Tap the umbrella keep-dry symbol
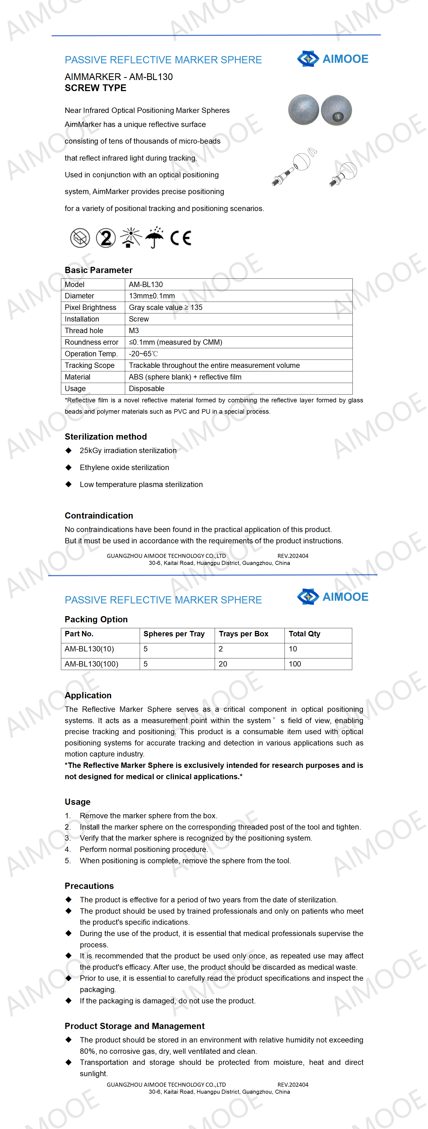tap(154, 237)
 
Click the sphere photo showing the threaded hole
tap(336, 110)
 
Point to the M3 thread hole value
tap(134, 330)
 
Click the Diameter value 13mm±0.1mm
tap(152, 296)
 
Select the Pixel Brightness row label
tap(90, 307)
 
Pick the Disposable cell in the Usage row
tap(146, 388)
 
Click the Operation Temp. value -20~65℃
tap(143, 354)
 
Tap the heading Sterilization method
tap(106, 437)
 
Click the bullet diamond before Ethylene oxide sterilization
tap(69, 467)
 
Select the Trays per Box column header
tap(243, 634)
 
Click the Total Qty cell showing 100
tap(295, 664)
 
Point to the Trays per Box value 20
tap(223, 664)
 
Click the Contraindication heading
tap(99, 515)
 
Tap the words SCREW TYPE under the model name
tap(95, 88)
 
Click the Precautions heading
tap(89, 886)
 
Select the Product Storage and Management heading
tap(134, 1026)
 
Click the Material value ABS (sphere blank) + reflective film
tap(185, 377)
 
